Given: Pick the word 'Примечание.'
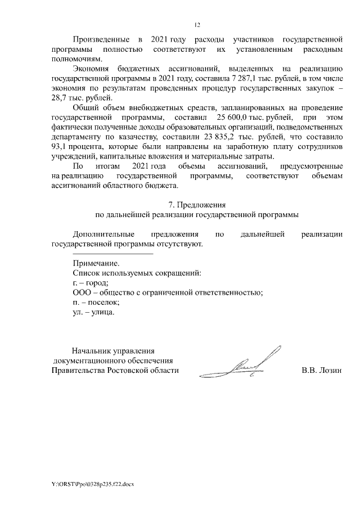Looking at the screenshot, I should tap(96, 263).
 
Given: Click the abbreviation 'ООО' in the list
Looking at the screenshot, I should tap(82, 292).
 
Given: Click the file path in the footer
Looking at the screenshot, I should tap(93, 484).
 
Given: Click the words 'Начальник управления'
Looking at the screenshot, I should tap(112, 351).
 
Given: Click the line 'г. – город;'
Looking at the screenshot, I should tap(91, 282).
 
